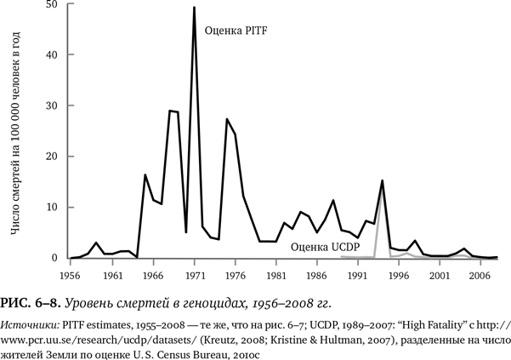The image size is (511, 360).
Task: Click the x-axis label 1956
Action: pyautogui.click(x=71, y=276)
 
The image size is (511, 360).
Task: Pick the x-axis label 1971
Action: pyautogui.click(x=195, y=276)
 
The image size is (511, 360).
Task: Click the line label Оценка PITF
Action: pyautogui.click(x=234, y=31)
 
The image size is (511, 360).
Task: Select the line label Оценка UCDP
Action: pyautogui.click(x=325, y=247)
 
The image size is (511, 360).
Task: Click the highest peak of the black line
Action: pyautogui.click(x=195, y=8)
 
